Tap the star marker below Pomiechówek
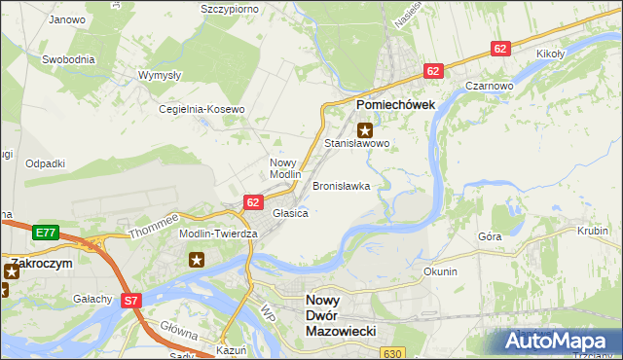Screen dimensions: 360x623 click(x=365, y=129)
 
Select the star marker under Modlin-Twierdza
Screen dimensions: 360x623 click(x=197, y=259)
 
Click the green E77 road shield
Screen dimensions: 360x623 click(x=45, y=234)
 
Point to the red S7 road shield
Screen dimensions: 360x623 click(x=132, y=302)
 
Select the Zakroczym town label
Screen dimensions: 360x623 click(x=40, y=263)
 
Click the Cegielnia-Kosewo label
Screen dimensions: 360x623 click(x=202, y=109)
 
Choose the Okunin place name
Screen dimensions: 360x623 click(x=440, y=271)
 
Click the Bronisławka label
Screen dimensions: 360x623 click(x=341, y=185)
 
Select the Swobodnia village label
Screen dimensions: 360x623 click(x=68, y=59)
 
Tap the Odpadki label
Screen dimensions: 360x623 click(x=46, y=163)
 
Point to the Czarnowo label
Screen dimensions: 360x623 click(x=490, y=86)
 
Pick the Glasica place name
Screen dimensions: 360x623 click(x=290, y=213)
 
